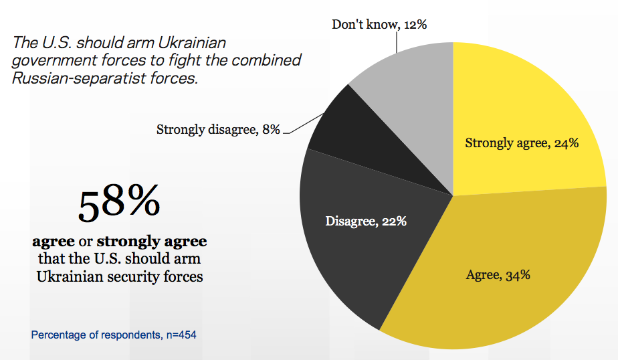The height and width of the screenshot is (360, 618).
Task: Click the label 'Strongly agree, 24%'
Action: point(522,143)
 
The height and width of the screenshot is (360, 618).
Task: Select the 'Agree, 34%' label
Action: point(498,274)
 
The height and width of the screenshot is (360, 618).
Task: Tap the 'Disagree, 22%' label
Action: point(366,220)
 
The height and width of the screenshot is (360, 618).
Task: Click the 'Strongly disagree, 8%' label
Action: point(218,129)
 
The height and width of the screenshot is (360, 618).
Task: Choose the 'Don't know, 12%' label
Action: point(379,25)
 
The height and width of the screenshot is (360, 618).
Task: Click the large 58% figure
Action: point(119,205)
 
